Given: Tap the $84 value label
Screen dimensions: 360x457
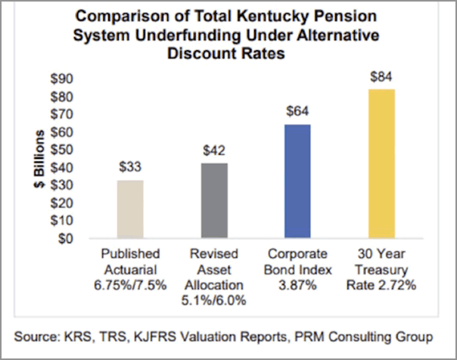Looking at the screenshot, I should click(382, 79).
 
